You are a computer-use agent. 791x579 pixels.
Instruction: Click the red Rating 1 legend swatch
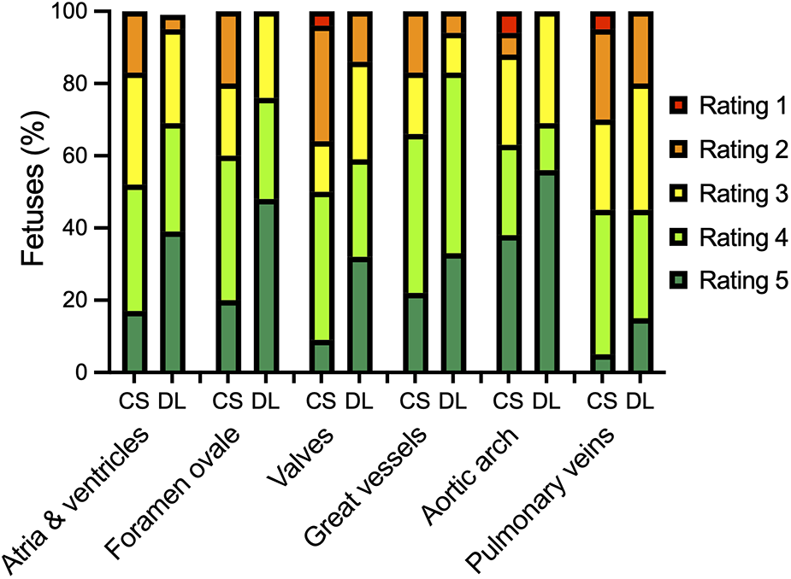click(678, 106)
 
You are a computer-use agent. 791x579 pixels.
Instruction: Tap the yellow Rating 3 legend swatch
click(678, 195)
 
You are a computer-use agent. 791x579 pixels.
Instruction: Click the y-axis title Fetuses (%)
click(32, 193)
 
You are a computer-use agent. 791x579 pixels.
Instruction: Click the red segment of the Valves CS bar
click(322, 20)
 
